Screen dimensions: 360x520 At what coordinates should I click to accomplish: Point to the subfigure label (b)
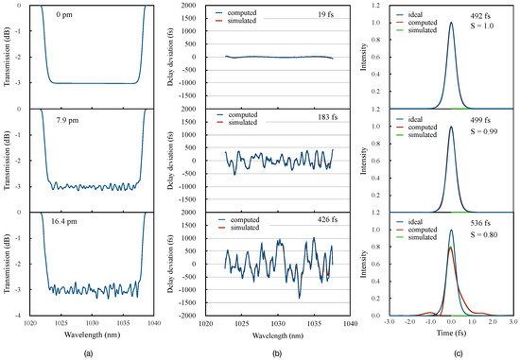point(266,351)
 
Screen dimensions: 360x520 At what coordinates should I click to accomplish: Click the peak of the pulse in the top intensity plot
point(451,24)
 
